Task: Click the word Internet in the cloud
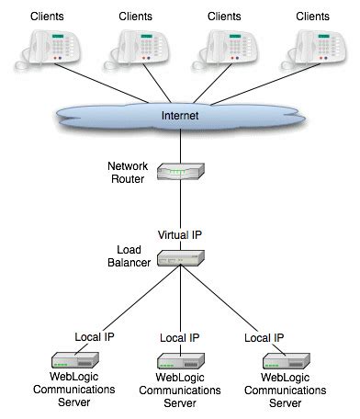click(x=179, y=117)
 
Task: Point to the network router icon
click(x=179, y=172)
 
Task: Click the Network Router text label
click(x=128, y=172)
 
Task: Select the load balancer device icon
click(x=179, y=258)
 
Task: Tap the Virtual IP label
click(x=179, y=235)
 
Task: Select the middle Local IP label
click(x=179, y=339)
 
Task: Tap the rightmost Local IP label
click(x=264, y=338)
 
